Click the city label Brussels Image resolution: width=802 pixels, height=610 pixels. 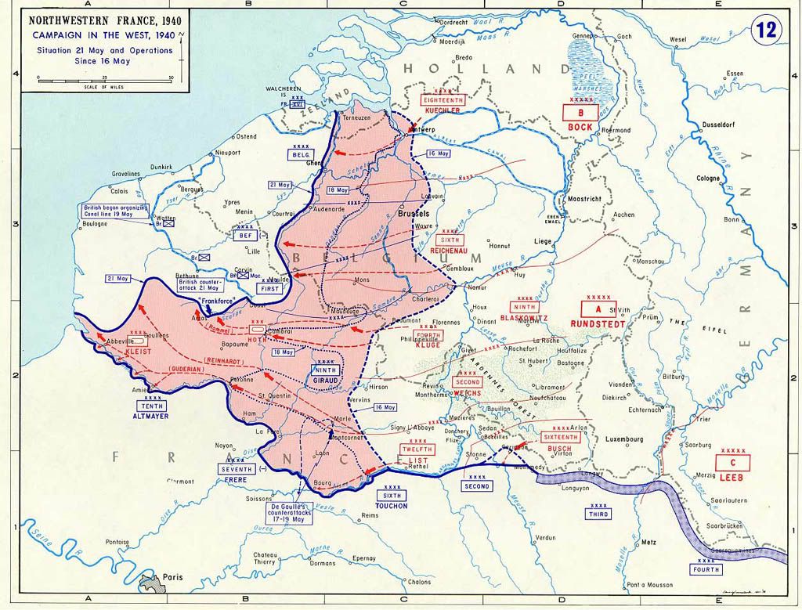pyautogui.click(x=414, y=213)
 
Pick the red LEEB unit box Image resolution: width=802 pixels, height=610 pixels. pyautogui.click(x=733, y=467)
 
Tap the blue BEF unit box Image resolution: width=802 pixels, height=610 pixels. pyautogui.click(x=246, y=233)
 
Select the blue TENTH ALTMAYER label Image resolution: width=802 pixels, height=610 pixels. pyautogui.click(x=153, y=411)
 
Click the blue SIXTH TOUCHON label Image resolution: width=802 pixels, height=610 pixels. pyautogui.click(x=391, y=500)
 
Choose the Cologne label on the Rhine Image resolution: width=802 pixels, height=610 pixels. pyautogui.click(x=709, y=179)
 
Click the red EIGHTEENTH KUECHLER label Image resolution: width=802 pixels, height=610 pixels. pyautogui.click(x=443, y=105)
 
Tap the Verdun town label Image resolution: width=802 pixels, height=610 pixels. pyautogui.click(x=545, y=538)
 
